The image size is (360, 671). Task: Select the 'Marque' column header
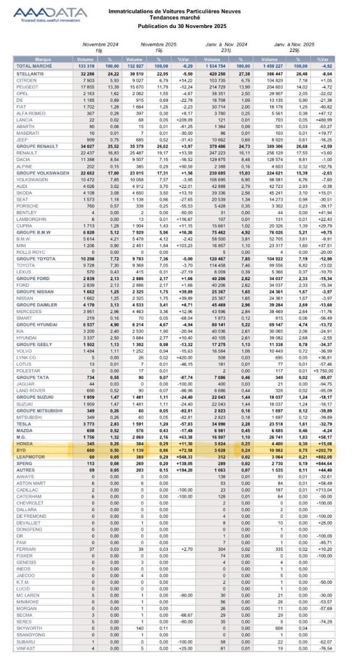point(43,58)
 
